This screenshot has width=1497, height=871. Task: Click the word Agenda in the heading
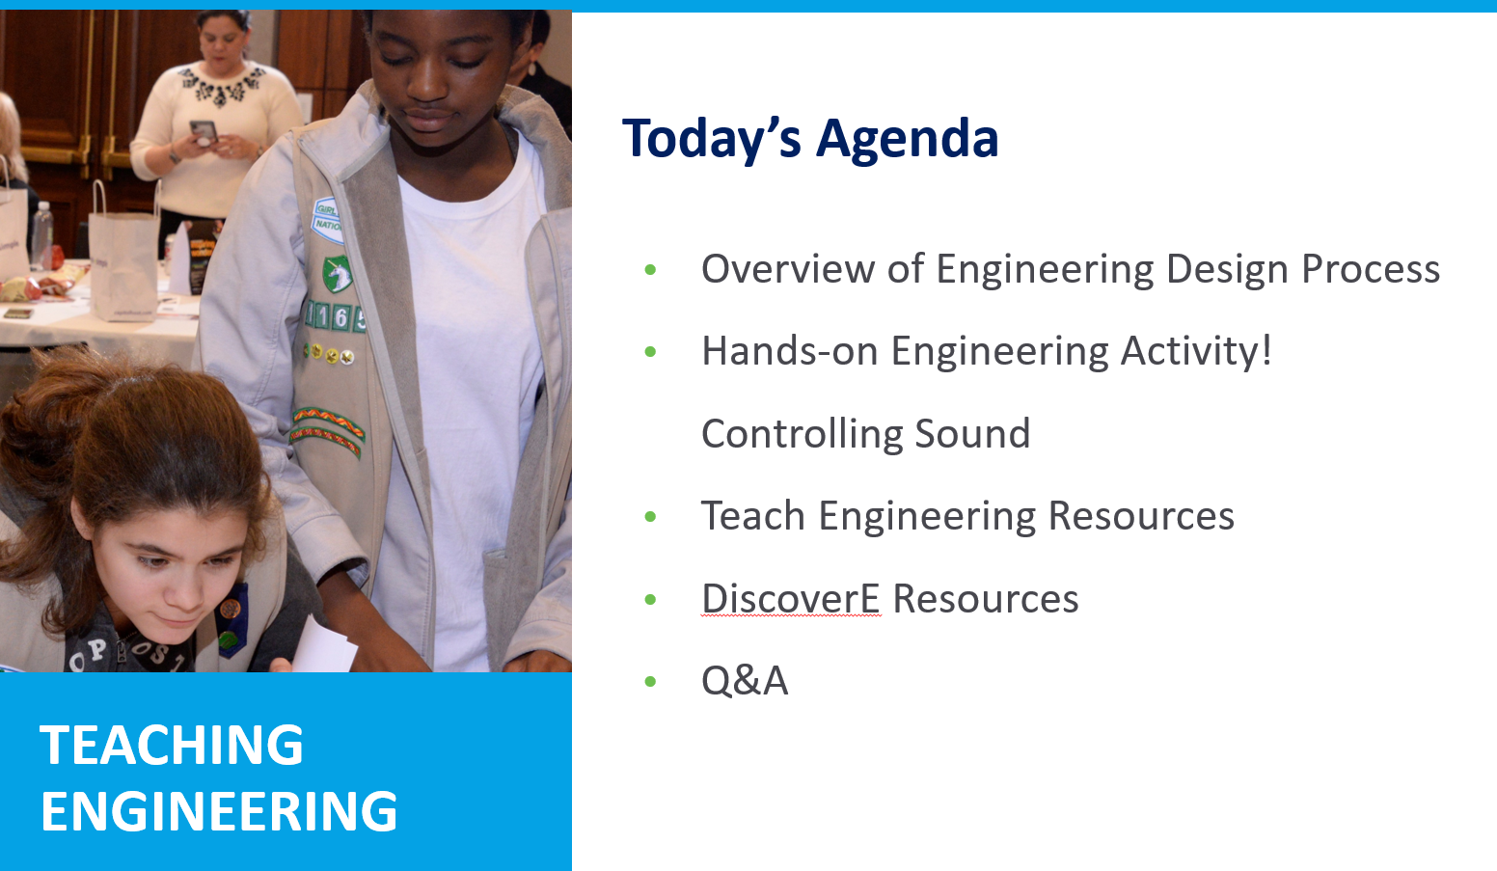click(x=907, y=138)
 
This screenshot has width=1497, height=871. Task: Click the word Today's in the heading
click(x=711, y=138)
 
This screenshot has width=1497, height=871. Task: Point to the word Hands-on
click(x=789, y=350)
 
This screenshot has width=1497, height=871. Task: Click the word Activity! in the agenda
click(x=1196, y=350)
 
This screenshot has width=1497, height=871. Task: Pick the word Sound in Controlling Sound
click(x=971, y=433)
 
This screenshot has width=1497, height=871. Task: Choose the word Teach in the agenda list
click(x=752, y=515)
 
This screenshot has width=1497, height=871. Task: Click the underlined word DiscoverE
click(x=791, y=598)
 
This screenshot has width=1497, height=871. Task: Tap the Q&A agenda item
click(x=745, y=680)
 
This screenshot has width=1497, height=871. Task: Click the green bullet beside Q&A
click(x=650, y=681)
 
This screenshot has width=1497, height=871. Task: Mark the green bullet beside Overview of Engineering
click(x=650, y=269)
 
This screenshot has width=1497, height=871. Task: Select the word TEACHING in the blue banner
click(x=172, y=745)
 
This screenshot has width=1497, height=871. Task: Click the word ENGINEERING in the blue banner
click(x=219, y=811)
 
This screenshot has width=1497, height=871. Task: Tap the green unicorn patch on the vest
click(x=337, y=273)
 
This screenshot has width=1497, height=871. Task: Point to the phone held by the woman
click(x=204, y=131)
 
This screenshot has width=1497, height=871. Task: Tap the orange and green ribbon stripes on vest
click(x=328, y=430)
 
